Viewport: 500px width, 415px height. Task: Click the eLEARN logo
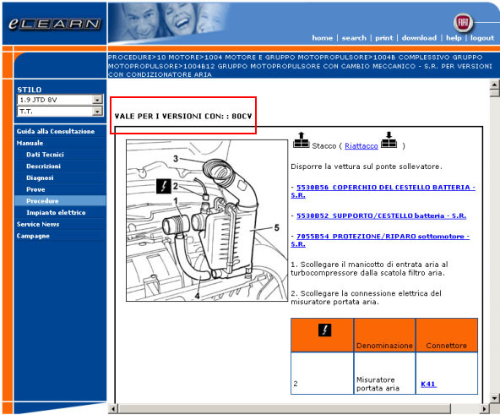click(x=55, y=24)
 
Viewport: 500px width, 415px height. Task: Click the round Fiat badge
click(x=463, y=22)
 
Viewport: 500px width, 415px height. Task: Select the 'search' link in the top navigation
click(x=354, y=38)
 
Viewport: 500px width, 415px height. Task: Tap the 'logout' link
click(x=482, y=38)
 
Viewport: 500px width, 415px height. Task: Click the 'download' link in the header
click(x=419, y=38)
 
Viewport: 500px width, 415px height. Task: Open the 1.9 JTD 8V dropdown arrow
click(x=97, y=100)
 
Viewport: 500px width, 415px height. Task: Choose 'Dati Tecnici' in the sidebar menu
click(x=45, y=155)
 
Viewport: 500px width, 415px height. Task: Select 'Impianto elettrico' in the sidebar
click(x=56, y=213)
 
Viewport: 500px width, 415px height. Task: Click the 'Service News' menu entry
click(x=38, y=224)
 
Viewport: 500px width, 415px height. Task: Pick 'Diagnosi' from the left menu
click(x=40, y=177)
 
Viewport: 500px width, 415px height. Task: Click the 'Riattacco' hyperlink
click(x=361, y=146)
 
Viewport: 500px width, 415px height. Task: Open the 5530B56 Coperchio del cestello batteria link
click(x=383, y=191)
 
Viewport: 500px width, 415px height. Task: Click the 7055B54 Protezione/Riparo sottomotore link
click(x=380, y=240)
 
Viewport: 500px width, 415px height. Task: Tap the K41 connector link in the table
click(x=428, y=384)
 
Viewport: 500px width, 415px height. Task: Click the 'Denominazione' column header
click(x=384, y=346)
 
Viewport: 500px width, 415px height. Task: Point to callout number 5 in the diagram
click(x=276, y=227)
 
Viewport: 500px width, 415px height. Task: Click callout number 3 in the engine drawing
click(x=176, y=158)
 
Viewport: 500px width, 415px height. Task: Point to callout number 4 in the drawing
click(x=197, y=296)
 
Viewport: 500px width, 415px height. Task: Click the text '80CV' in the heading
click(x=242, y=116)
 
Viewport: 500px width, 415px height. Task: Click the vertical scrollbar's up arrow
click(x=495, y=85)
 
